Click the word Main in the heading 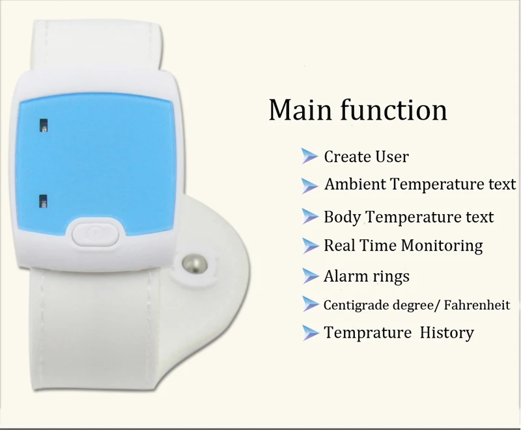[300, 109]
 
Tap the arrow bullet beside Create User [309, 156]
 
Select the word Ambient [355, 184]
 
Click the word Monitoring [442, 246]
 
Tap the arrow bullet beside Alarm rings [311, 276]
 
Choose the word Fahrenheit [477, 304]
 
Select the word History [447, 333]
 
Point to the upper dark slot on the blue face [44, 126]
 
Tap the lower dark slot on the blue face [43, 201]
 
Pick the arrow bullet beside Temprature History [311, 333]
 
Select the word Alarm [342, 276]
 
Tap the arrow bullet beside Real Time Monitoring [311, 246]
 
